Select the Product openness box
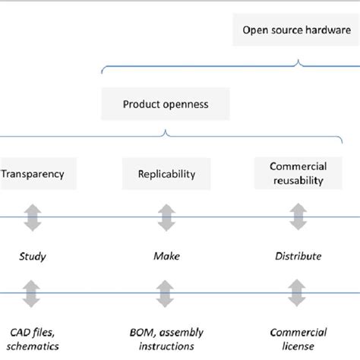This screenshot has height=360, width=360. coord(166,103)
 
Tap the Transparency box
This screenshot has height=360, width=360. coord(33,174)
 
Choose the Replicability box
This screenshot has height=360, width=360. coord(166,174)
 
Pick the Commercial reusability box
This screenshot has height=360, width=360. coord(298,174)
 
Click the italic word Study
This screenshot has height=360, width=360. coord(33,256)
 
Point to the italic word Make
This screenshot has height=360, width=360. coord(166,256)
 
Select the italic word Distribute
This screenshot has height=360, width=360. coord(298,256)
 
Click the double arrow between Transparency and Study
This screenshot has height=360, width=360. coord(33,216)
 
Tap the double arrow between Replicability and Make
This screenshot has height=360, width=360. coord(166,216)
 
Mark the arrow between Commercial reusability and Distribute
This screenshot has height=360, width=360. coord(298,216)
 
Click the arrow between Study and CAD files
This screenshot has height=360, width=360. coord(33,293)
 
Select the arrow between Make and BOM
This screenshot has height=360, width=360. coord(166,293)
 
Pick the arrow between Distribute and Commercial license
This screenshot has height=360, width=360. coord(298,293)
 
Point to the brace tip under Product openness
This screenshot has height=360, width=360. coord(166,133)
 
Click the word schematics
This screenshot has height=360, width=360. coord(33,346)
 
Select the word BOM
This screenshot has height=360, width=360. coord(142,332)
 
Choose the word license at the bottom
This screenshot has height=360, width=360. coord(298,346)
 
